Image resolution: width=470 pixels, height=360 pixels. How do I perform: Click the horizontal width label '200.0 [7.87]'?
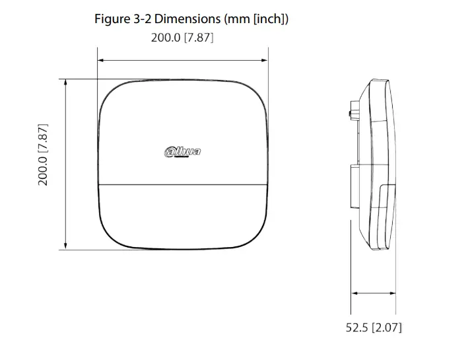coord(182,38)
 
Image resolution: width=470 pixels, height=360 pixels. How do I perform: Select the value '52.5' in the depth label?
coord(356,327)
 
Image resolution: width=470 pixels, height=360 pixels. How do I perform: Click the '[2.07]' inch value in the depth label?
coord(386,327)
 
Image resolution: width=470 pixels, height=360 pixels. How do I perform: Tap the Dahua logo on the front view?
coord(182,153)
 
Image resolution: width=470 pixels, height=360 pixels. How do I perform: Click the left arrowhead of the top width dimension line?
coord(101,60)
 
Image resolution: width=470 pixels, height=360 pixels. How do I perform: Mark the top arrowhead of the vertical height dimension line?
coord(65,83)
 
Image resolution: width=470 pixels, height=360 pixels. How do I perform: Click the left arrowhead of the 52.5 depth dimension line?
coord(354,293)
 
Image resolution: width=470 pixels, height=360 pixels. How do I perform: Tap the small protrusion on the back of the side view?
coord(349,116)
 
